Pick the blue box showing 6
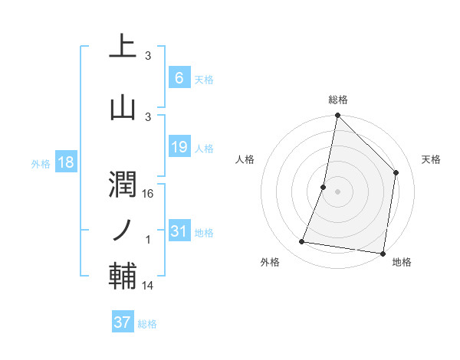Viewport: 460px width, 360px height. tap(179, 77)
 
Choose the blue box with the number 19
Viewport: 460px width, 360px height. tap(179, 147)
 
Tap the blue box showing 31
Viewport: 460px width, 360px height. tap(179, 231)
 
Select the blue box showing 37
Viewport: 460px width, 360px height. tap(122, 322)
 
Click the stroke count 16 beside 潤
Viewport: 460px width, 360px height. tap(149, 194)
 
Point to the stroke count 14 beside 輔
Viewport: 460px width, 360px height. tap(149, 286)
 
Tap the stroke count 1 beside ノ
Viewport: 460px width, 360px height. tap(149, 240)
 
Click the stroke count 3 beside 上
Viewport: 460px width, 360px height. tap(148, 56)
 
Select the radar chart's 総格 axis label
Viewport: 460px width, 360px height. tap(337, 100)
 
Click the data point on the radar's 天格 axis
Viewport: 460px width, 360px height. tap(396, 172)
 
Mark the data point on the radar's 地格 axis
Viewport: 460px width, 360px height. tap(383, 253)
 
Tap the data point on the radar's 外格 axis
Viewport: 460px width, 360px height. tap(302, 242)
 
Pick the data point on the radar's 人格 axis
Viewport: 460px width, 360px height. tap(324, 187)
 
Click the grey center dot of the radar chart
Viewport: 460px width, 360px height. tap(337, 191)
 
